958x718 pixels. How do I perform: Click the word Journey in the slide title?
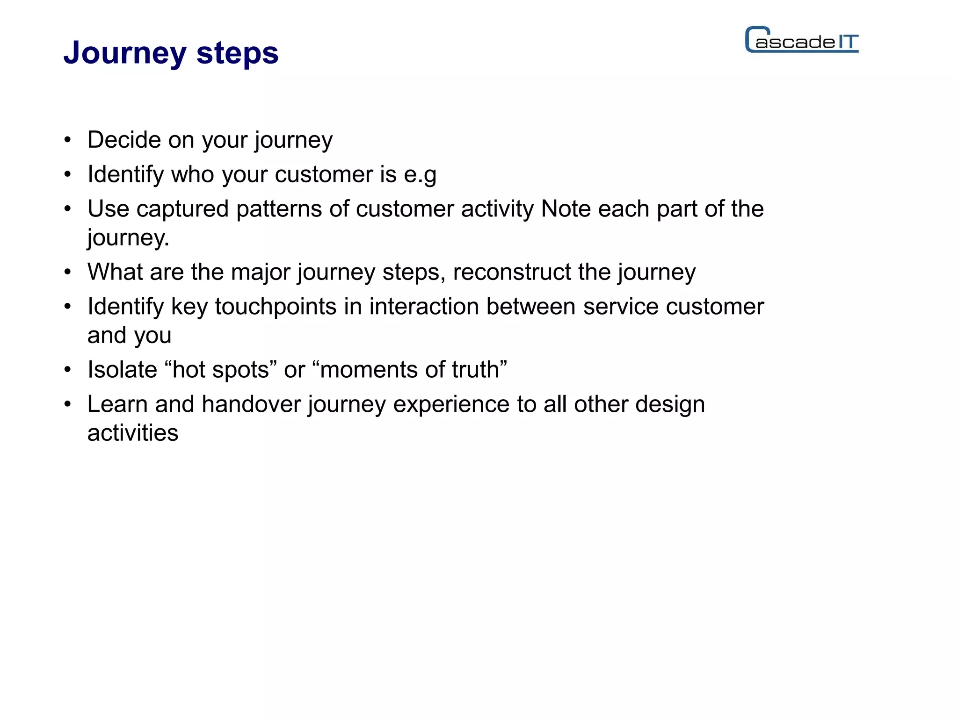[x=125, y=53]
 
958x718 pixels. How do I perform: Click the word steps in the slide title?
[x=237, y=53]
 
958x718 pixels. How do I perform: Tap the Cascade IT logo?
[x=802, y=40]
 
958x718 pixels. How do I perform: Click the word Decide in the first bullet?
[x=124, y=140]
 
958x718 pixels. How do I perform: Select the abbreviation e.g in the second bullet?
[x=420, y=175]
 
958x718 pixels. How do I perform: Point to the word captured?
[x=182, y=209]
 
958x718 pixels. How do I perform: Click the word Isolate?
[x=122, y=370]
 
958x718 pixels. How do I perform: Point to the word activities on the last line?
[x=133, y=433]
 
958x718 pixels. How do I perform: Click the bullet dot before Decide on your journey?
[x=68, y=140]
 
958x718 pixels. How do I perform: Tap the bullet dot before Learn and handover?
[x=68, y=404]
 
